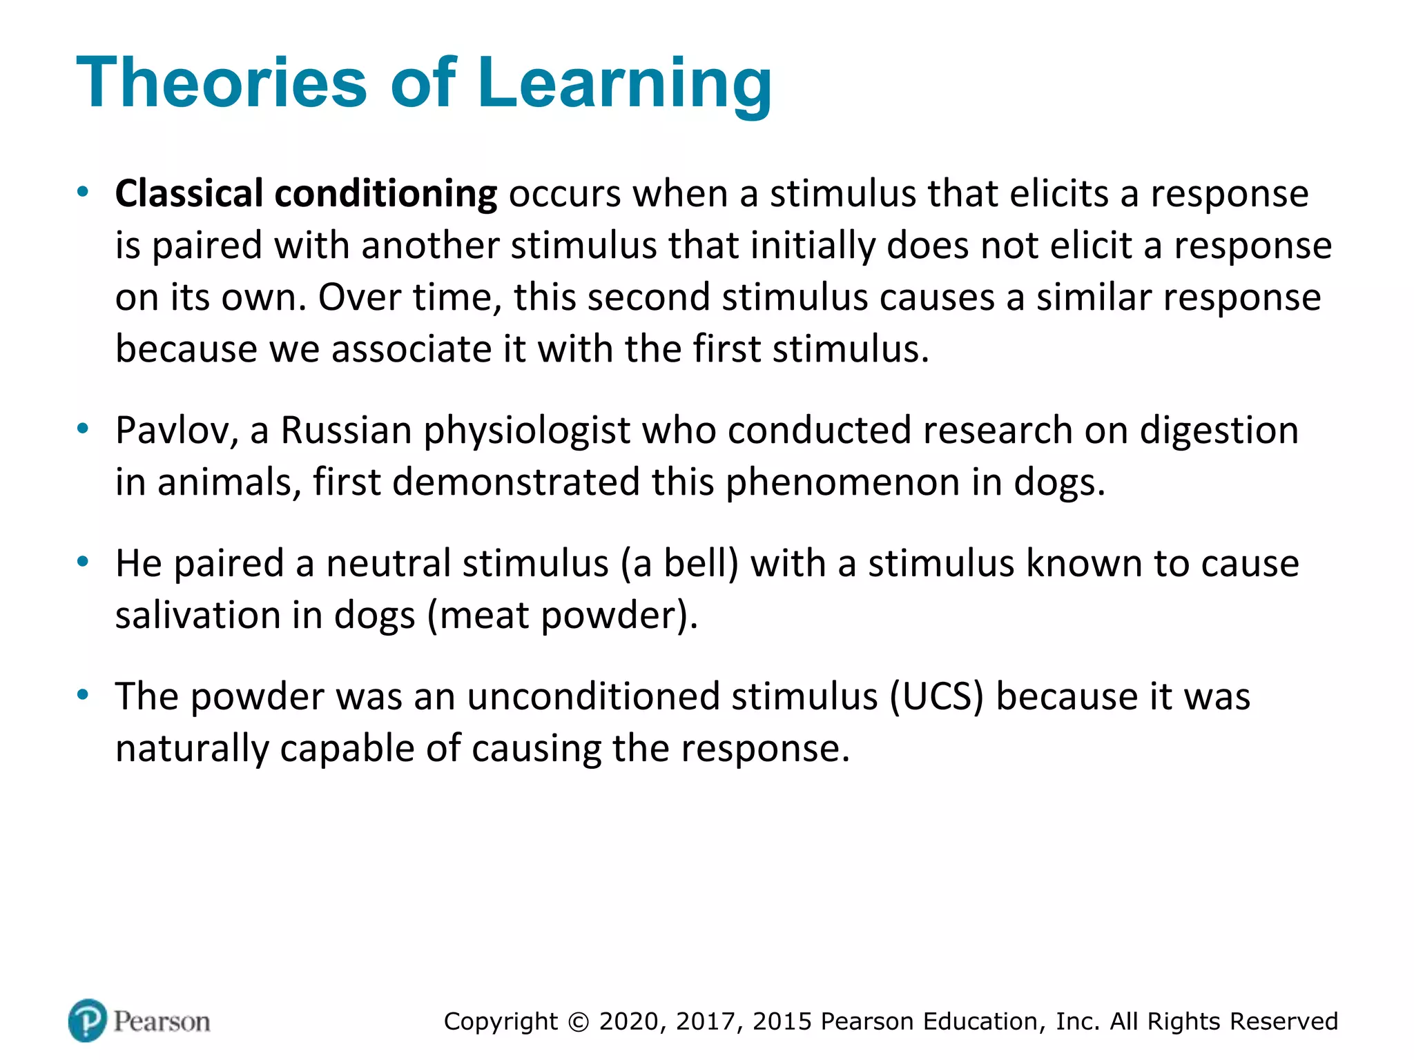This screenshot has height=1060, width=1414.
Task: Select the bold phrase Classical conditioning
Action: click(x=306, y=194)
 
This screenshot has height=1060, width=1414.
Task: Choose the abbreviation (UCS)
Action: click(x=936, y=697)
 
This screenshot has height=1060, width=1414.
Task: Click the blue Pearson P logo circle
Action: click(x=88, y=1020)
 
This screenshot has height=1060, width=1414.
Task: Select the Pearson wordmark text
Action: click(x=162, y=1021)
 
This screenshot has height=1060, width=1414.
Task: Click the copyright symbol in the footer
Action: click(x=579, y=1022)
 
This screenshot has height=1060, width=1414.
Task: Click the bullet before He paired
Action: click(x=83, y=562)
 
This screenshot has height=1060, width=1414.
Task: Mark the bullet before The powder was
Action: click(x=83, y=694)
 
